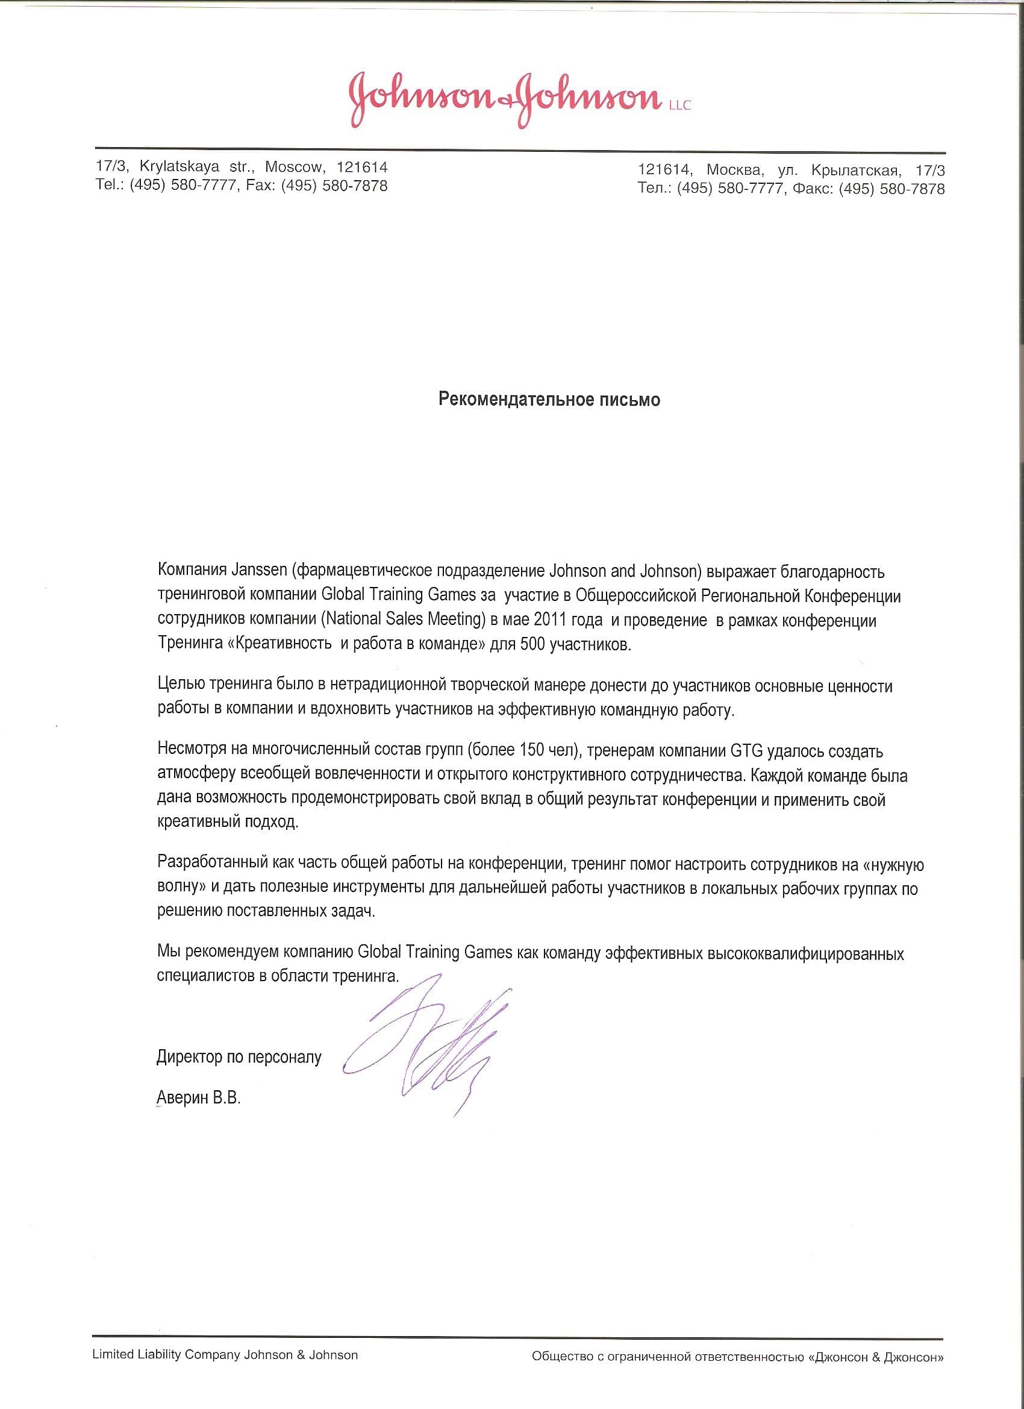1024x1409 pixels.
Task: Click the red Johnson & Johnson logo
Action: tap(505, 99)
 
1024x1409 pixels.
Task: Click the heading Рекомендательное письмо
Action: tap(549, 400)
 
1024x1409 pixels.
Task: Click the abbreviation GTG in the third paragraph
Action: tap(745, 751)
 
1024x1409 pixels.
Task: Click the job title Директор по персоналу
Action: tap(239, 1057)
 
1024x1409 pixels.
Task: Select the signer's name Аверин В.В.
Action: tap(199, 1098)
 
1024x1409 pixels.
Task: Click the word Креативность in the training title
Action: tap(283, 645)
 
